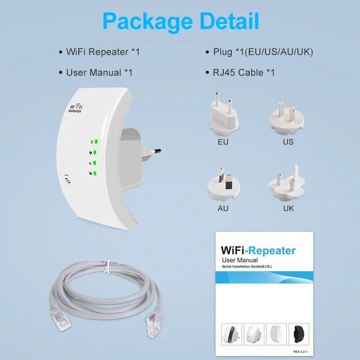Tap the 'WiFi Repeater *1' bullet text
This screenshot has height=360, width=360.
103,52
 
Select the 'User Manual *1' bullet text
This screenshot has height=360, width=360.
99,72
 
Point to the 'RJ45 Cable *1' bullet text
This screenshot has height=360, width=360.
243,72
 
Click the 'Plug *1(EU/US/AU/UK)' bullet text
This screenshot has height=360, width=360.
263,52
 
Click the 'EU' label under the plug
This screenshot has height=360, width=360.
223,142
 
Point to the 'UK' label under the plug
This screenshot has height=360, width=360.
288,208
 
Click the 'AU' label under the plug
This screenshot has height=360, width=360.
223,208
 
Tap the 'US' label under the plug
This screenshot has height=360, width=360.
288,142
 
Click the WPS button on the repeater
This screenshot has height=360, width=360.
68,178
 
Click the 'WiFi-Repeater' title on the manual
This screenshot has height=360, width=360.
258,251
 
